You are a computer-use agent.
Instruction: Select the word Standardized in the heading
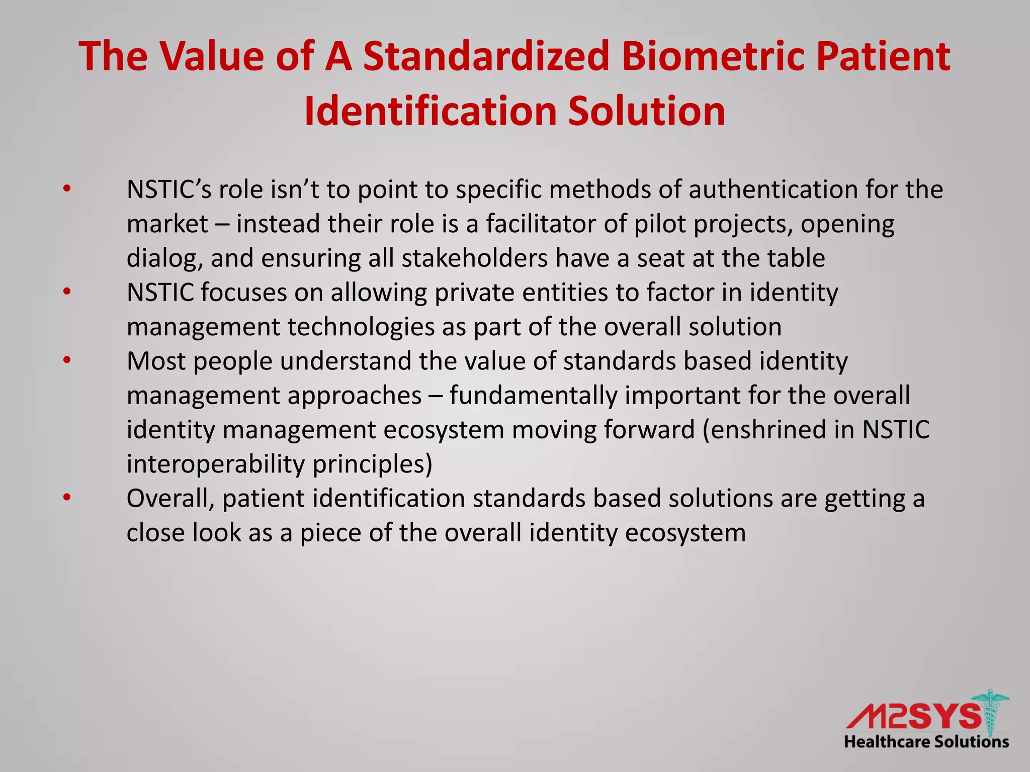(486, 56)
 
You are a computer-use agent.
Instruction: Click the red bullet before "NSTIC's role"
(67, 189)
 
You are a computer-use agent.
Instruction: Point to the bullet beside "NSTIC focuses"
(67, 292)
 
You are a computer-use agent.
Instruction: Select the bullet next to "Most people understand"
(67, 360)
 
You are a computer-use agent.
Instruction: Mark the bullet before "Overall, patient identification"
(67, 498)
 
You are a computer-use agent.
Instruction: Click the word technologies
(361, 326)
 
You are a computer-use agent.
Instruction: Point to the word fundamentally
(533, 395)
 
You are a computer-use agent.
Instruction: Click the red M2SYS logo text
(913, 716)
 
